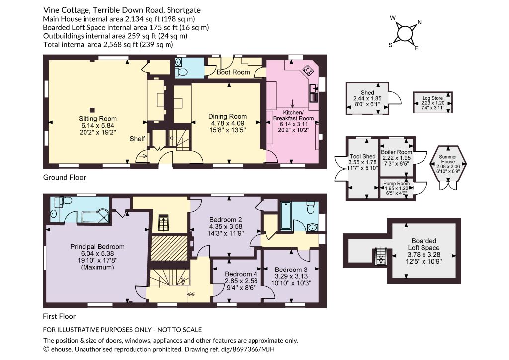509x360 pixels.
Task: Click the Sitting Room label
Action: (97, 119)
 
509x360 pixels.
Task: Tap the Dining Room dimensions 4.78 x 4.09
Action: (228, 123)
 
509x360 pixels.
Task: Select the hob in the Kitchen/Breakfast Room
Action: (307, 70)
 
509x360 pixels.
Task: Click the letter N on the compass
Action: (419, 22)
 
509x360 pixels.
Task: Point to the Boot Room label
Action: (233, 72)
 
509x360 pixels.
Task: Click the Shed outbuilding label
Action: (367, 93)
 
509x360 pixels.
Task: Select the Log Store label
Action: (433, 98)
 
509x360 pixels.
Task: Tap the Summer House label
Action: (448, 159)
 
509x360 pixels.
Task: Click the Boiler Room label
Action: (396, 152)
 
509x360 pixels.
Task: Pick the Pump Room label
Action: (396, 184)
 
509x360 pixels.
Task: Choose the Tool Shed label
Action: (362, 156)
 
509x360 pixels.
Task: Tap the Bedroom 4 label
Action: (238, 274)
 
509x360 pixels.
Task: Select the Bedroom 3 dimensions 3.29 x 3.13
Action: (291, 276)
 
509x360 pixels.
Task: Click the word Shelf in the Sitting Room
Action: (137, 139)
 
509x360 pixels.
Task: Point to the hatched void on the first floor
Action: (170, 247)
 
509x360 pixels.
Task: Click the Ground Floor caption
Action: (65, 177)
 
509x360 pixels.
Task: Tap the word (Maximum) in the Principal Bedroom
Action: (97, 267)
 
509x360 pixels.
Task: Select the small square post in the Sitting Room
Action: (92, 110)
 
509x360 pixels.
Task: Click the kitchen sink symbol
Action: (314, 92)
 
